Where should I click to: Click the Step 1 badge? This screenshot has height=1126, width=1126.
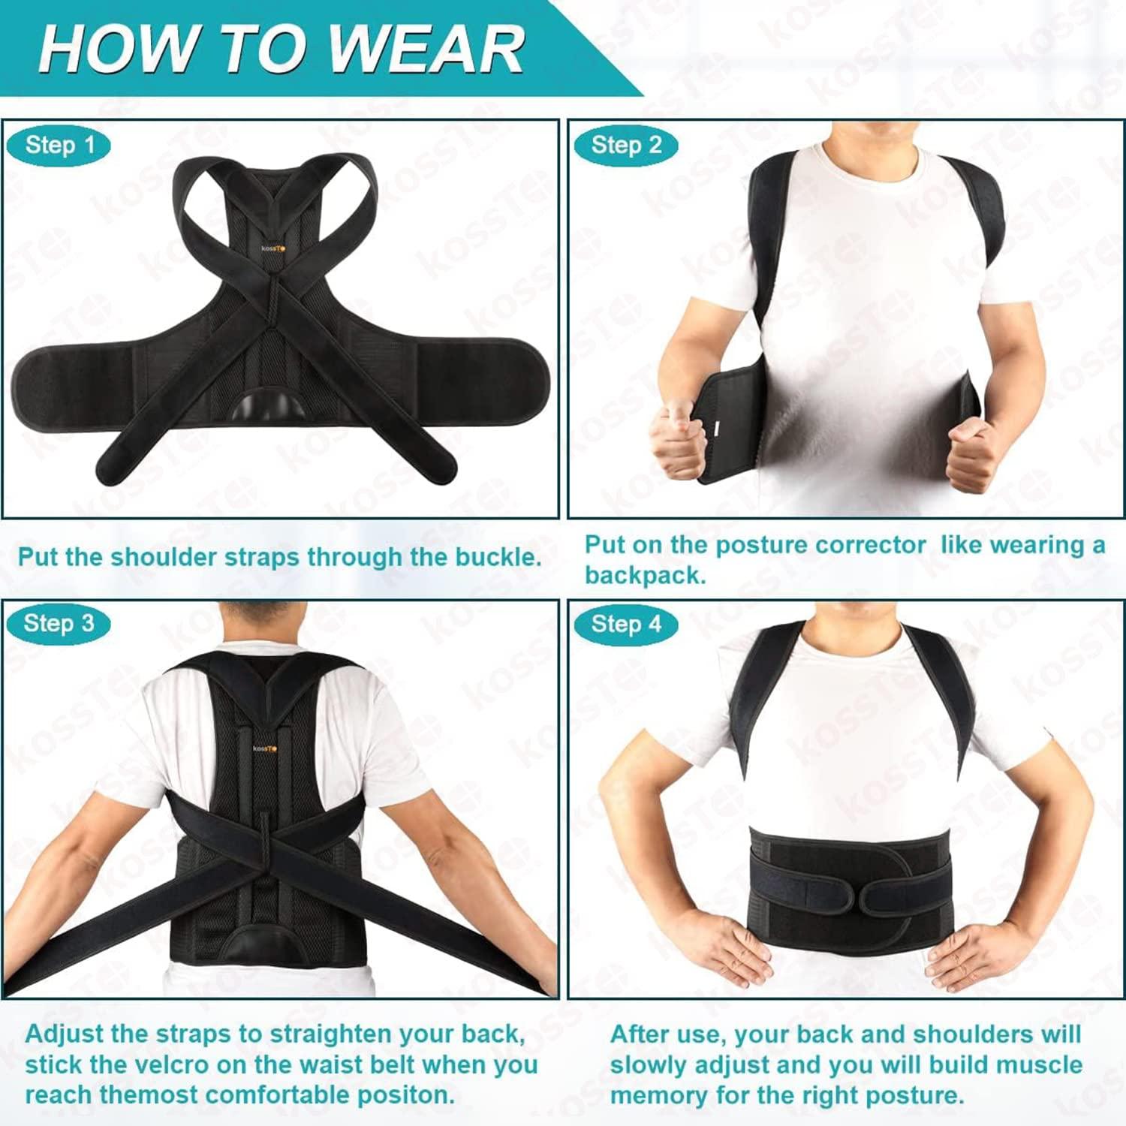pyautogui.click(x=59, y=145)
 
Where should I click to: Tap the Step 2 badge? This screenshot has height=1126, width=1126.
pyautogui.click(x=626, y=145)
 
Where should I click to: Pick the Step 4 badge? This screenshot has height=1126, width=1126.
pyautogui.click(x=626, y=623)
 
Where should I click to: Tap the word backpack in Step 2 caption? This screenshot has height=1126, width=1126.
pyautogui.click(x=646, y=576)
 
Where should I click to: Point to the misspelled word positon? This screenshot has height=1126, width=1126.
pyautogui.click(x=416, y=1094)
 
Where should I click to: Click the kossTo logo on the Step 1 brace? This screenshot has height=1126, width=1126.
pyautogui.click(x=273, y=248)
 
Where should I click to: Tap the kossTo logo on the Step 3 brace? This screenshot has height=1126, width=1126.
pyautogui.click(x=264, y=748)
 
